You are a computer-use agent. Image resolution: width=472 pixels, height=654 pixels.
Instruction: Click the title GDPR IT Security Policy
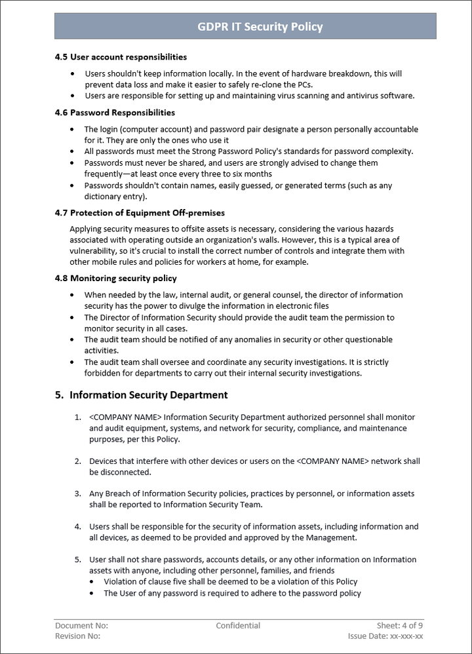tap(260, 27)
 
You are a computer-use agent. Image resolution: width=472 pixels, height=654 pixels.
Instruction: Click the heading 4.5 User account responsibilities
tap(121, 57)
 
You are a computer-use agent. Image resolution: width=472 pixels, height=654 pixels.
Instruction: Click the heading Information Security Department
tap(149, 395)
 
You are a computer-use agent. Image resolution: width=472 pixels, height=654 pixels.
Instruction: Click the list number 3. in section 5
tap(77, 493)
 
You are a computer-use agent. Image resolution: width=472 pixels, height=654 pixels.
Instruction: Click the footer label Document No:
tap(82, 626)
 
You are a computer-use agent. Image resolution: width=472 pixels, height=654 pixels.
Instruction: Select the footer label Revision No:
tap(78, 636)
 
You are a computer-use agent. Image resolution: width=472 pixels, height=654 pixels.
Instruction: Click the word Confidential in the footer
tap(238, 626)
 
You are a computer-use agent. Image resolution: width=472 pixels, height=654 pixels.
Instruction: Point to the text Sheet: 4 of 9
tap(399, 626)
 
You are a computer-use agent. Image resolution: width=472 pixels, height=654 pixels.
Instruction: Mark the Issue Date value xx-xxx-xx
tap(406, 636)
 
